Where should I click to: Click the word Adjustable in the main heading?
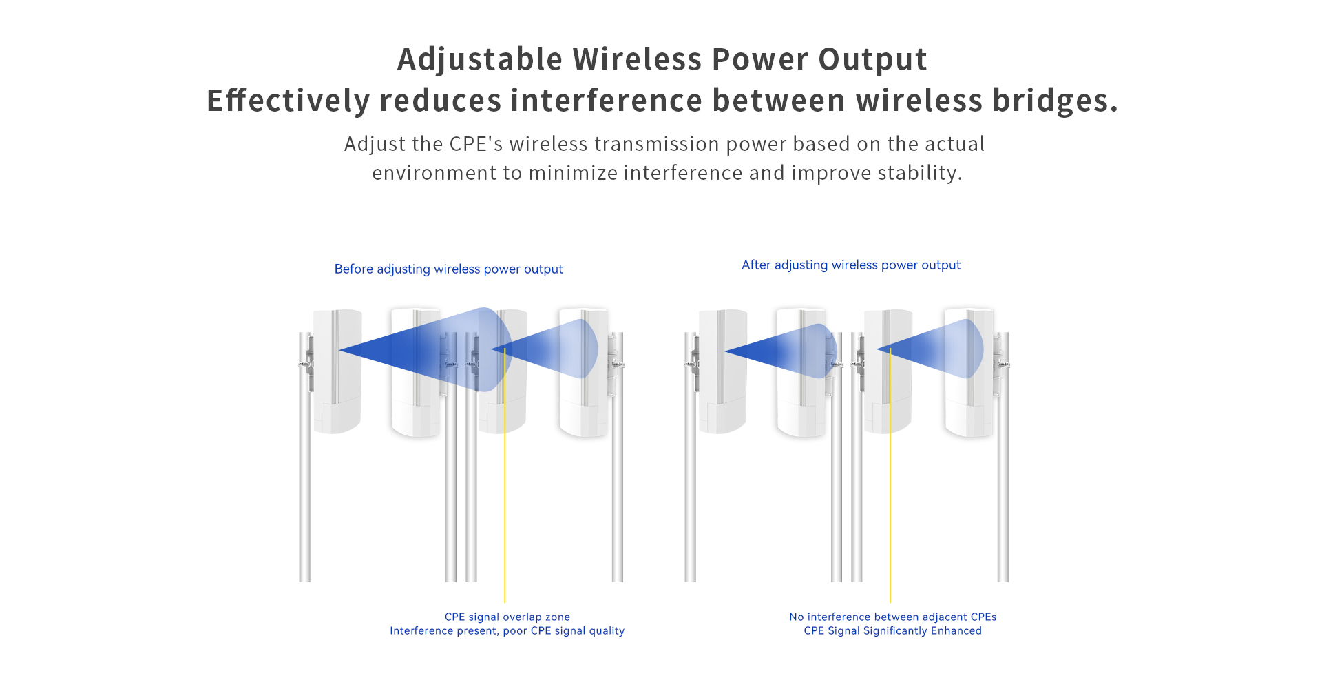480,60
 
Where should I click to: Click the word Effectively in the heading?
288,101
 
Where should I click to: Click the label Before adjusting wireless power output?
448,269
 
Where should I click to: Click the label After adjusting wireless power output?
851,265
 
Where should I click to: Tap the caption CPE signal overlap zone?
507,617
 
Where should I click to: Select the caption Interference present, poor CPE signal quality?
507,630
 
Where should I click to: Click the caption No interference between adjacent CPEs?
893,617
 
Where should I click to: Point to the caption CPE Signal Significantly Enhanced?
893,630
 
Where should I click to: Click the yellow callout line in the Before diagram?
505,475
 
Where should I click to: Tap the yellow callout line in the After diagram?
890,475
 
